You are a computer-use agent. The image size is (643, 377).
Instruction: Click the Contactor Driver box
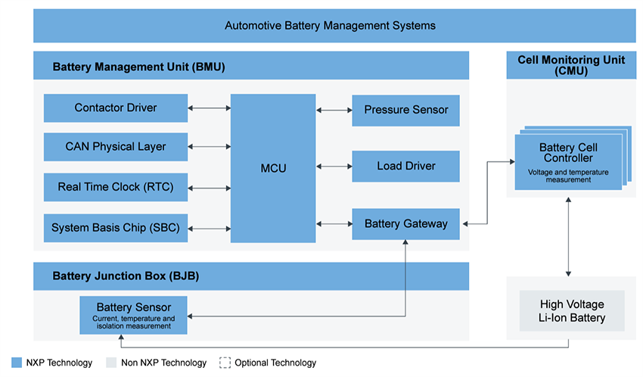pos(115,108)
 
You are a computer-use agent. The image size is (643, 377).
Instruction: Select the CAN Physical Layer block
pos(115,147)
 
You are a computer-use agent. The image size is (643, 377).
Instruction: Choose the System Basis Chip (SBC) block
pos(115,227)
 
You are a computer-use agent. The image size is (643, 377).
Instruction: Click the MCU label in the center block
pos(273,168)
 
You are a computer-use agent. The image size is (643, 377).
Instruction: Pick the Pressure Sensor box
pos(405,110)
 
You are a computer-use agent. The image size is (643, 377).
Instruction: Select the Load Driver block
pos(405,166)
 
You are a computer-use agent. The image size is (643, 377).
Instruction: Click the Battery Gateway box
pos(405,224)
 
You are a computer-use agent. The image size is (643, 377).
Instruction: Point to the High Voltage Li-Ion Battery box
pos(571,310)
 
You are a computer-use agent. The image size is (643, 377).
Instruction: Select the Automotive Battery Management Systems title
pos(330,26)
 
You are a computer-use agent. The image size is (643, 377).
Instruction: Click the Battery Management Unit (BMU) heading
pos(138,67)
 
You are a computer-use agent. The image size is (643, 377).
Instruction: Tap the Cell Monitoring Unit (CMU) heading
pos(571,65)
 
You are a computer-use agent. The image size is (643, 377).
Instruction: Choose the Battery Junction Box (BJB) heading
pos(126,276)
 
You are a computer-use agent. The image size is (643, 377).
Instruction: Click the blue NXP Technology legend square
pos(17,363)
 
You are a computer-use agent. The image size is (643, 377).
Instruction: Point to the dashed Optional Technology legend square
pos(225,363)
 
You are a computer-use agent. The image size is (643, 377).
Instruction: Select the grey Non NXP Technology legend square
pos(111,363)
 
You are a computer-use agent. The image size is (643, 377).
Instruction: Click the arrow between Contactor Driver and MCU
pos(209,108)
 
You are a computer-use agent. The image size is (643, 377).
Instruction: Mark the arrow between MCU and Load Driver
pos(334,166)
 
